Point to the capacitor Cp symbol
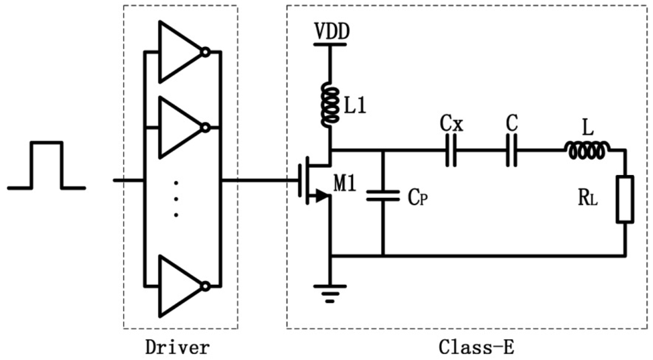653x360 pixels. pyautogui.click(x=382, y=195)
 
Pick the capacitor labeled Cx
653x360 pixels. pyautogui.click(x=451, y=150)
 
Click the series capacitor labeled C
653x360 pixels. pyautogui.click(x=513, y=150)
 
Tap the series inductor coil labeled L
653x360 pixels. pyautogui.click(x=587, y=151)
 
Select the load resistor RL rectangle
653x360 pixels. pyautogui.click(x=625, y=199)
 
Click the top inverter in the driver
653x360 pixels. pyautogui.click(x=180, y=52)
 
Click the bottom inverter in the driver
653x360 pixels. pyautogui.click(x=180, y=286)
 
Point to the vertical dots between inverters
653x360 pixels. pyautogui.click(x=176, y=199)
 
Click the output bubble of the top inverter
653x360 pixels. pyautogui.click(x=206, y=52)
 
